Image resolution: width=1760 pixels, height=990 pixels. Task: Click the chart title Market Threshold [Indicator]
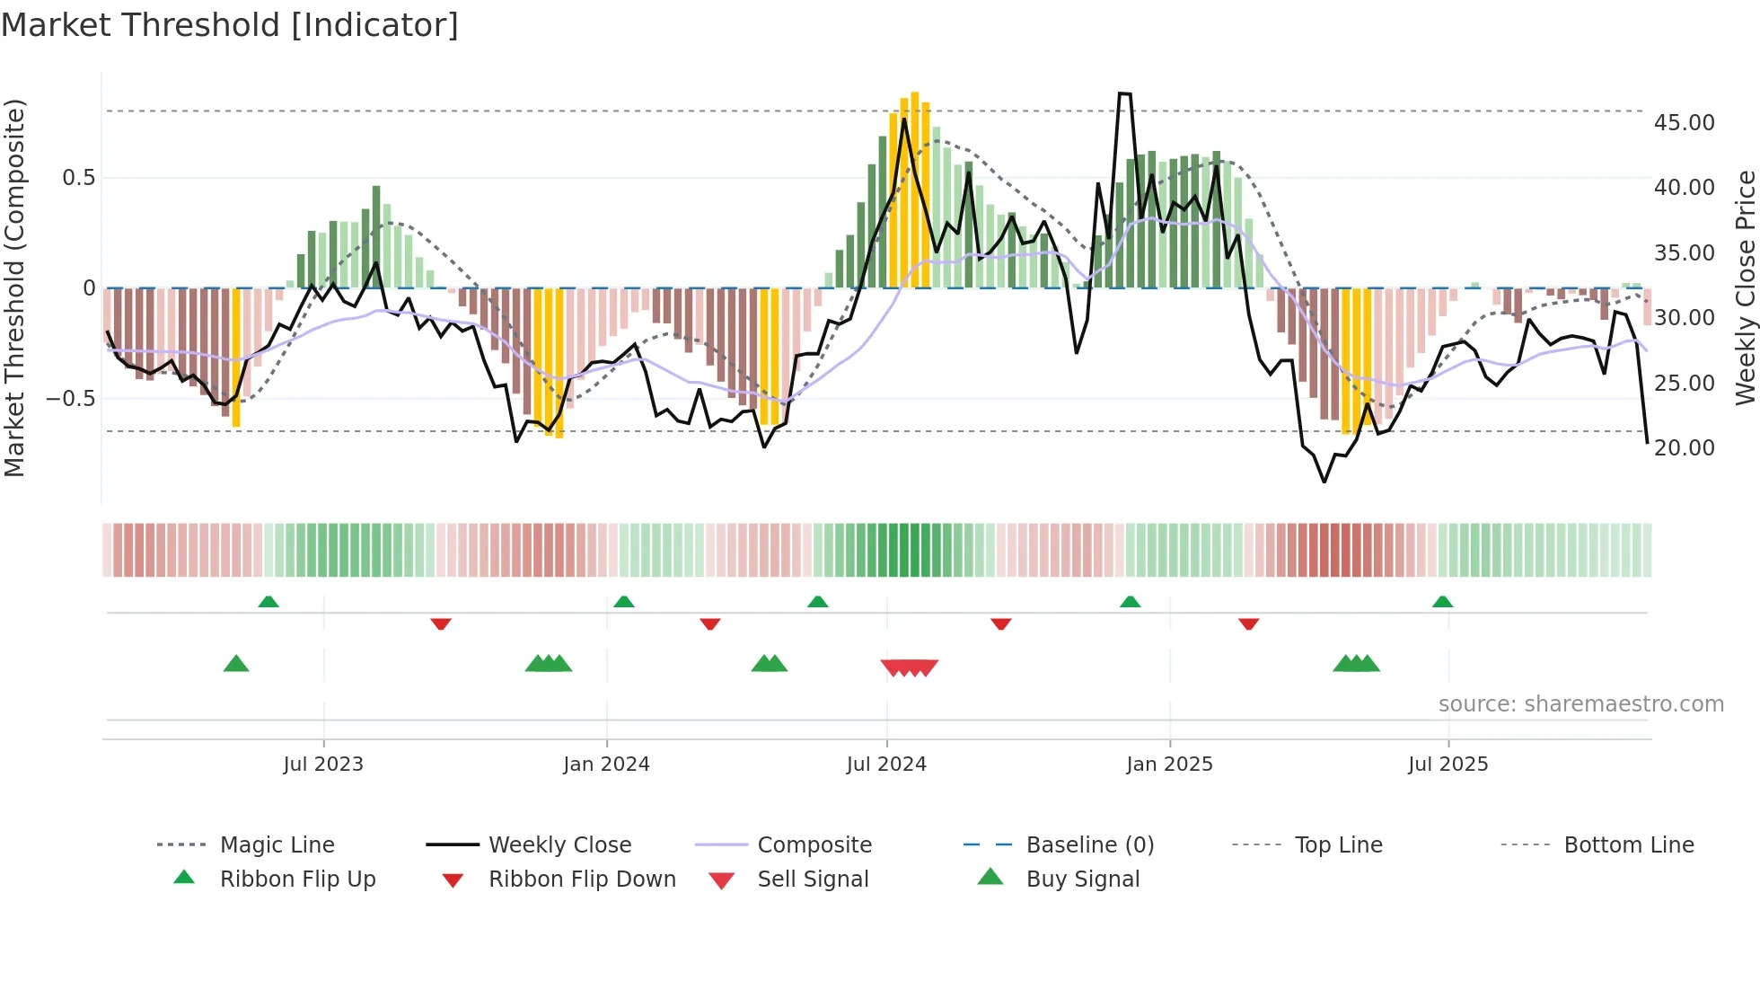[x=230, y=25]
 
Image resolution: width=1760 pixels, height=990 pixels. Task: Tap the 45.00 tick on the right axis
[x=1684, y=123]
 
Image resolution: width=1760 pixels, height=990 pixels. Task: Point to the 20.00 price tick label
[x=1684, y=448]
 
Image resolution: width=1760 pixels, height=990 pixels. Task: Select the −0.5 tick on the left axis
[x=71, y=398]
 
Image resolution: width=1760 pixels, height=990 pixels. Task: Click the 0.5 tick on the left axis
[x=79, y=178]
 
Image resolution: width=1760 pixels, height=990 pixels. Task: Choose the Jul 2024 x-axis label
[x=886, y=765]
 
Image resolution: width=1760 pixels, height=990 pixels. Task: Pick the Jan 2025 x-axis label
[x=1169, y=765]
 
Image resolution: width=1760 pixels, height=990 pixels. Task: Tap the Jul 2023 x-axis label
[x=323, y=765]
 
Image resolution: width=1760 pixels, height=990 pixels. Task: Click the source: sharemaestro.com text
[x=1580, y=704]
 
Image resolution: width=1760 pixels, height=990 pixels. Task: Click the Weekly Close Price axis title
[x=1745, y=287]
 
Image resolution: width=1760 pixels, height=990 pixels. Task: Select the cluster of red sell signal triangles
[x=909, y=667]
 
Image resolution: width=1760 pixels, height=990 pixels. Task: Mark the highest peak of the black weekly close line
[x=1124, y=93]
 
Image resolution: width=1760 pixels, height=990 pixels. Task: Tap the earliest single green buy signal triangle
[x=236, y=664]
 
